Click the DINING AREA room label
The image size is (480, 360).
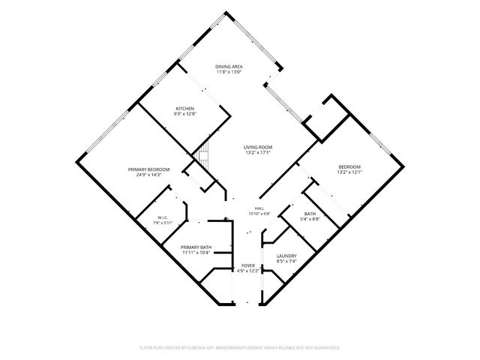pos(229,67)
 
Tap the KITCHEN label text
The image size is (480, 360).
pos(185,109)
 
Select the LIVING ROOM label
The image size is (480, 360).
pos(258,147)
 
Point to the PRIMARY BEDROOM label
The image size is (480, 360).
pos(148,169)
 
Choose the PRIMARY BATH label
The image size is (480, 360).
pos(196,247)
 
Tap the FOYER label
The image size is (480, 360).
pos(248,265)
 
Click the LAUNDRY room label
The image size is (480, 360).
pos(286,256)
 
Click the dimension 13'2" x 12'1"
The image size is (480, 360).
pos(349,172)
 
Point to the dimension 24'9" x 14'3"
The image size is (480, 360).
pos(148,175)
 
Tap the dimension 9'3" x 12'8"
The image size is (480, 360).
pos(185,113)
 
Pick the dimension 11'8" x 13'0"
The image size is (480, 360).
pos(229,72)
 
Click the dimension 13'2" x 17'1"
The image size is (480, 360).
pos(258,152)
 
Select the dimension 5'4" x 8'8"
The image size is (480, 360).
pos(310,219)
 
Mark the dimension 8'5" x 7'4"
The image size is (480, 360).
pos(286,261)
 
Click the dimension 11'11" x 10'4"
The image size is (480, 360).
pos(196,253)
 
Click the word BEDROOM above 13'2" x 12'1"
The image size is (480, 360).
pos(349,166)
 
